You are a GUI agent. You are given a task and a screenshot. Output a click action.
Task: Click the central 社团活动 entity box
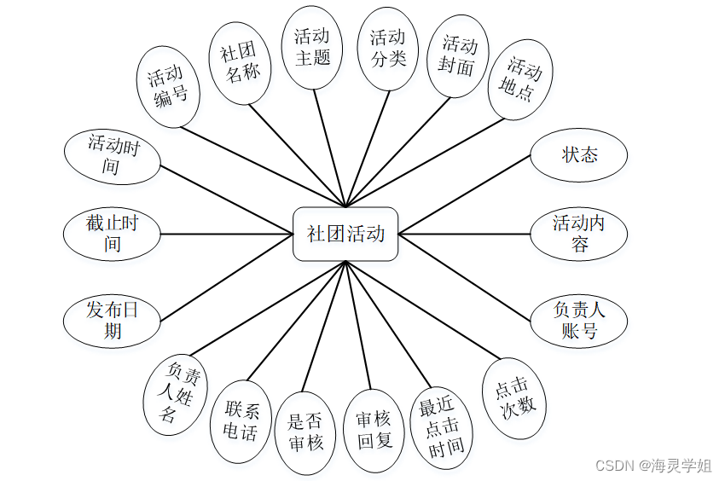point(345,234)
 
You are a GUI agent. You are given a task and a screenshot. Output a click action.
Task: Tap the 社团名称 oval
point(240,62)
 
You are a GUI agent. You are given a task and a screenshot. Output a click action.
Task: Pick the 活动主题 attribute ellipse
point(312,47)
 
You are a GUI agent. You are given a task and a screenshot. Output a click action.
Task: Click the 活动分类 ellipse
point(387,49)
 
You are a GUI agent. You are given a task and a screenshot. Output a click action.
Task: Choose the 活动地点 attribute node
point(520,78)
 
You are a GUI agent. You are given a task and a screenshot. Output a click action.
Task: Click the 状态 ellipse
point(579,155)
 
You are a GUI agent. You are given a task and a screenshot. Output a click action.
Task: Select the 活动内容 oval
point(579,234)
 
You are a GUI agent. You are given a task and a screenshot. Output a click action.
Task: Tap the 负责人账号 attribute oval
point(579,321)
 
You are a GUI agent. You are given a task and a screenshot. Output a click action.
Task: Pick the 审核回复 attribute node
point(373,430)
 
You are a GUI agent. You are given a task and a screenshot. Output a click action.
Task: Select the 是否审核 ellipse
point(304,431)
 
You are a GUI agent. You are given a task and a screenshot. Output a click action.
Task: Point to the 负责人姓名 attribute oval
point(175,393)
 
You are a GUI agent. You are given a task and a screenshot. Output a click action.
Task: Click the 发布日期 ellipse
point(112,321)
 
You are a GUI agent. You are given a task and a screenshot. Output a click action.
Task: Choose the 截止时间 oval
point(112,234)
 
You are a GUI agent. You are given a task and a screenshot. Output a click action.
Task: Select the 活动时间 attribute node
point(112,156)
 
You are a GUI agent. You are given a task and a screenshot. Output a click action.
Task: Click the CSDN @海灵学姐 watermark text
point(653,466)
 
